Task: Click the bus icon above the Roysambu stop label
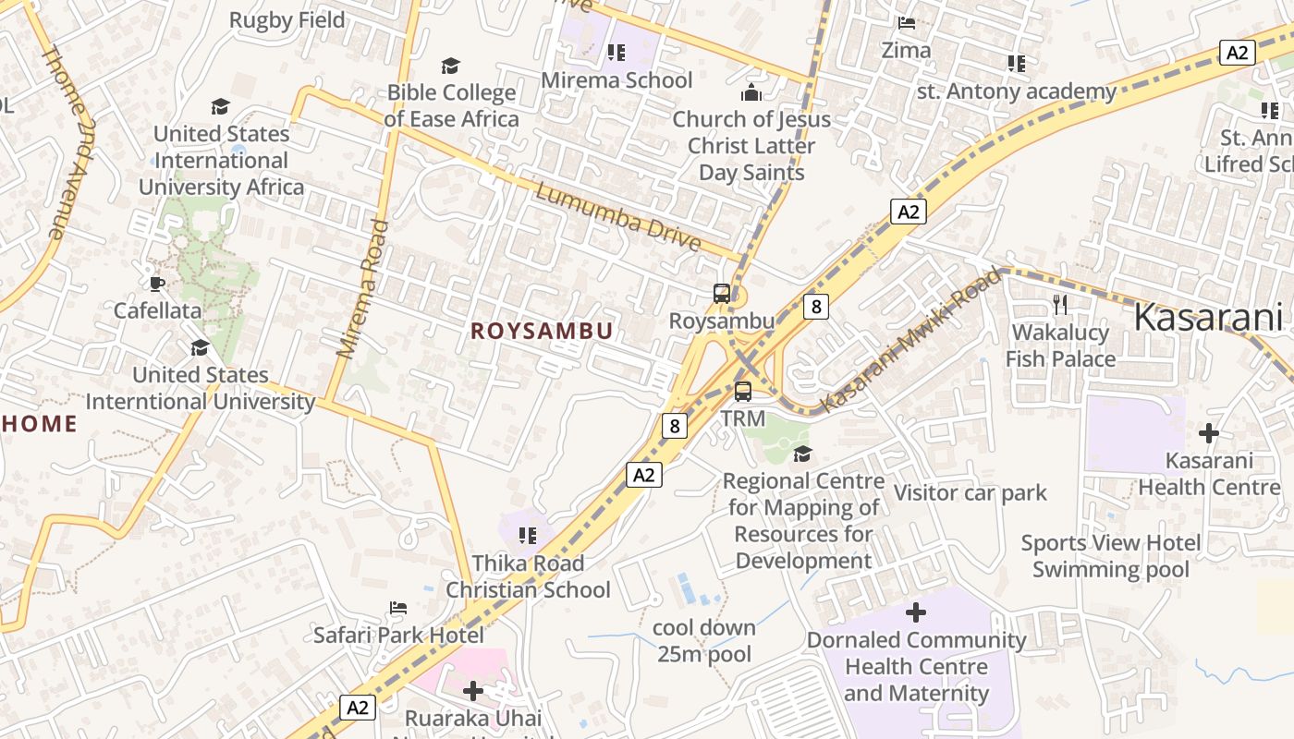click(722, 294)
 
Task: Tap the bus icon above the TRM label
click(743, 392)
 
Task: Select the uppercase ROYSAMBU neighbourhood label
click(542, 331)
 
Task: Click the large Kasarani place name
click(1207, 318)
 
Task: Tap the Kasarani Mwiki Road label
click(911, 340)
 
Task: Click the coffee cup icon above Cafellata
click(157, 284)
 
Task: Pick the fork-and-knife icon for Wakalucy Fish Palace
click(1060, 304)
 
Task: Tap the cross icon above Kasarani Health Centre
click(1208, 432)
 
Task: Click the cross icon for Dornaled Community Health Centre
click(916, 612)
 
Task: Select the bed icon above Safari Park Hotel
click(398, 608)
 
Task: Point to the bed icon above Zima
click(907, 22)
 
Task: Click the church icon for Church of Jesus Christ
click(751, 92)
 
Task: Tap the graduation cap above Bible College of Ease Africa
click(450, 66)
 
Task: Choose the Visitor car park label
click(970, 492)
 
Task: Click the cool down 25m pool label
click(704, 641)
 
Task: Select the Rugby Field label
click(287, 19)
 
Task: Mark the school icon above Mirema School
click(616, 53)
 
